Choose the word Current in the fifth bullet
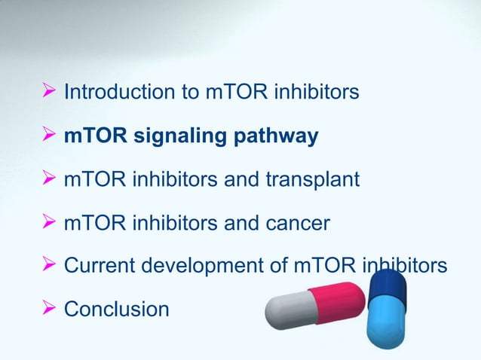pos(98,266)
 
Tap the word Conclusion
pos(117,309)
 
